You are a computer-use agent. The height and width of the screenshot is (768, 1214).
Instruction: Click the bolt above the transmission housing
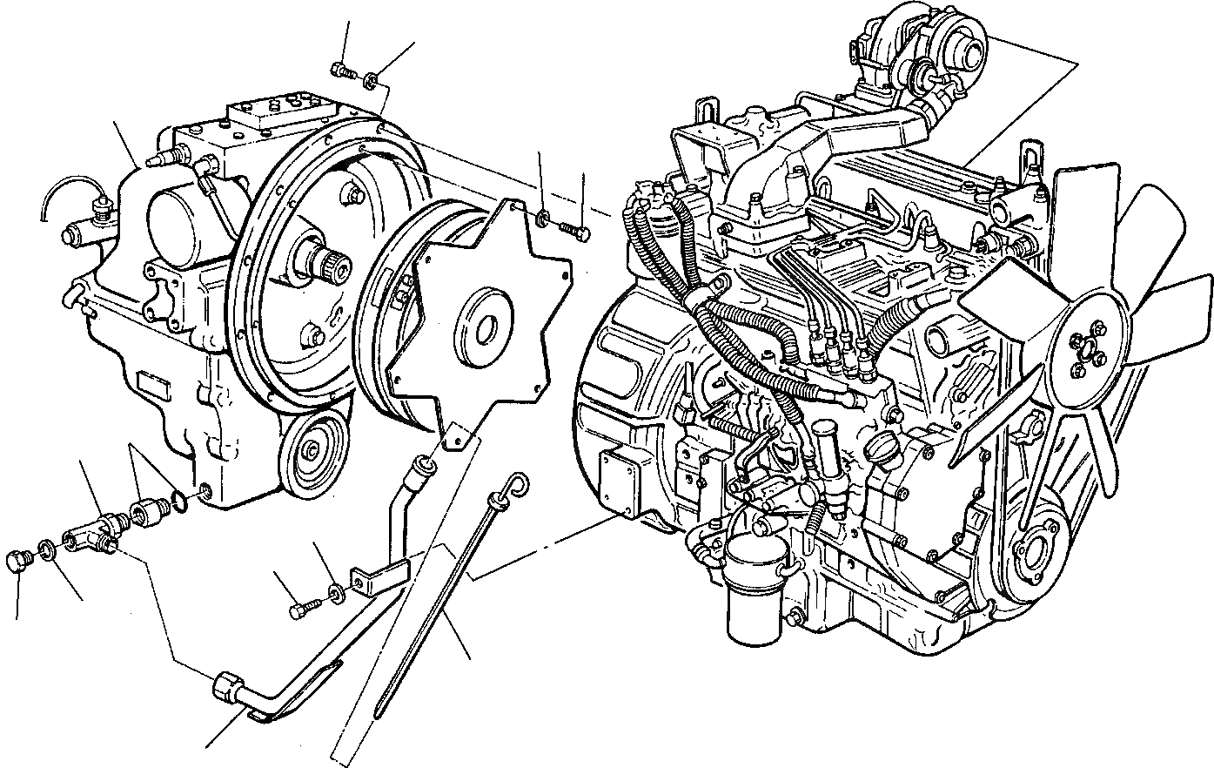pos(342,71)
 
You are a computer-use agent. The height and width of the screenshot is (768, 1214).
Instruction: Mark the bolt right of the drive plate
pos(573,231)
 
